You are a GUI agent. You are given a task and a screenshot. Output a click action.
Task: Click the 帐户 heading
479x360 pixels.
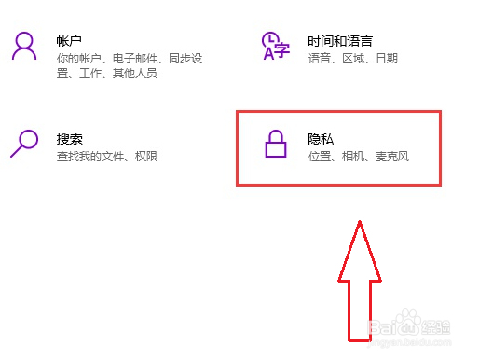point(70,40)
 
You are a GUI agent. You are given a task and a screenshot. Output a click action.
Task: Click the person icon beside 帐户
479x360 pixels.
point(25,47)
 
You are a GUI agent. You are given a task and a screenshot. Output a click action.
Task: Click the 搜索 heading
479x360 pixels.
point(70,138)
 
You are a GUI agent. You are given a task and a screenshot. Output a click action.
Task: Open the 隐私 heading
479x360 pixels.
point(321,138)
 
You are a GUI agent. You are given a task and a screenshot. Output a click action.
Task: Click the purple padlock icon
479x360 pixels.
point(275,145)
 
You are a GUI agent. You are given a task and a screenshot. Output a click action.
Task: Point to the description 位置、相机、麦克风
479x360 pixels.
point(358,156)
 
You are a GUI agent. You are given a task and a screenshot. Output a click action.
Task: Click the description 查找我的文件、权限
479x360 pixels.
point(108,156)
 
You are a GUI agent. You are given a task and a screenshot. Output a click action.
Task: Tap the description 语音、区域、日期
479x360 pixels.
point(352,58)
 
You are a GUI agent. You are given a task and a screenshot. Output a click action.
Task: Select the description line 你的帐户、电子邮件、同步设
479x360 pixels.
point(129,58)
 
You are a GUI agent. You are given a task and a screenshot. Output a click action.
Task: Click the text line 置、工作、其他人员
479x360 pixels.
point(108,74)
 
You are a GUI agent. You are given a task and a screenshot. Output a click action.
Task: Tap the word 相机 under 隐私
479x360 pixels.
point(358,156)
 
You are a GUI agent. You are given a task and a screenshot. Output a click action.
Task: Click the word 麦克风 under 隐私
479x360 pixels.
point(392,156)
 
